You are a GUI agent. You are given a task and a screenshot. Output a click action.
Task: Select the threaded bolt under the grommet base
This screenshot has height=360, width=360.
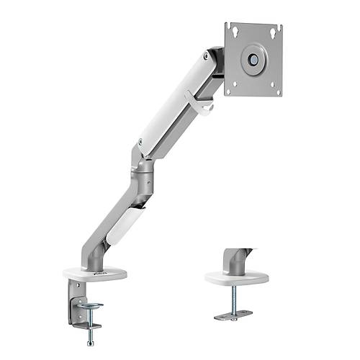coord(233,299)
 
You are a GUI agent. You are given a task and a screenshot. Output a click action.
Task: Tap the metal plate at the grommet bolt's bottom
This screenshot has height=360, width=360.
coord(233,315)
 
